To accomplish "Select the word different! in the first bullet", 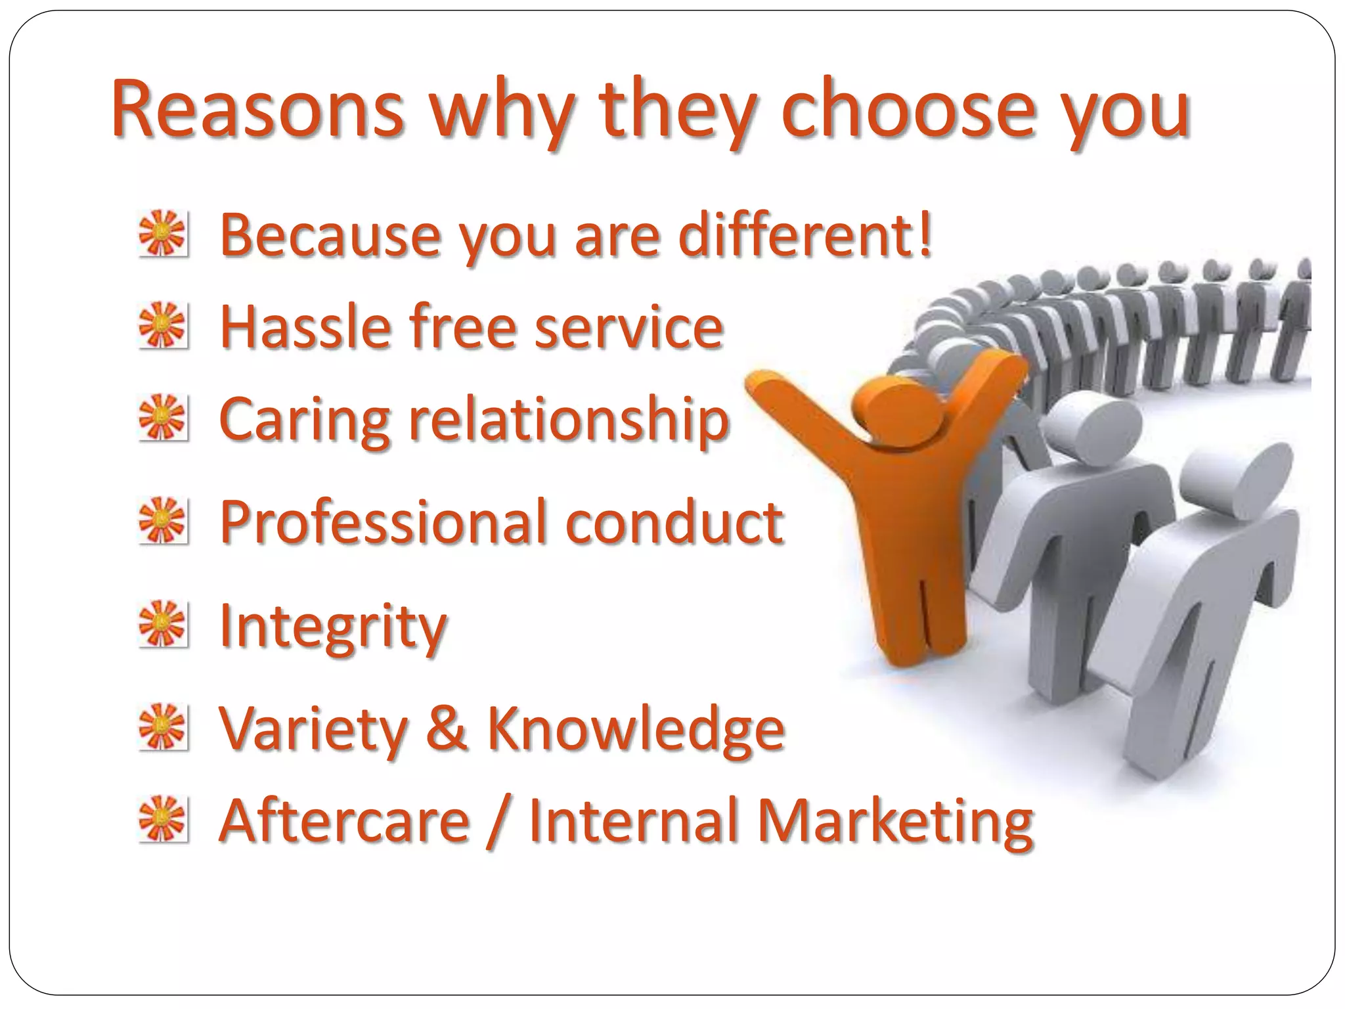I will (805, 235).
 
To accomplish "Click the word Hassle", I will (306, 326).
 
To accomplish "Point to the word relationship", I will (569, 420).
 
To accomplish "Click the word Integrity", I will (332, 625).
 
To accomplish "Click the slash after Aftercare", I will (498, 821).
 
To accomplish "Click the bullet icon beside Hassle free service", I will (163, 325).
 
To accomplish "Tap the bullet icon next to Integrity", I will (163, 623).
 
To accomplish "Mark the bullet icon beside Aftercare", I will (163, 819).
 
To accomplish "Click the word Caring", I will (305, 420).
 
